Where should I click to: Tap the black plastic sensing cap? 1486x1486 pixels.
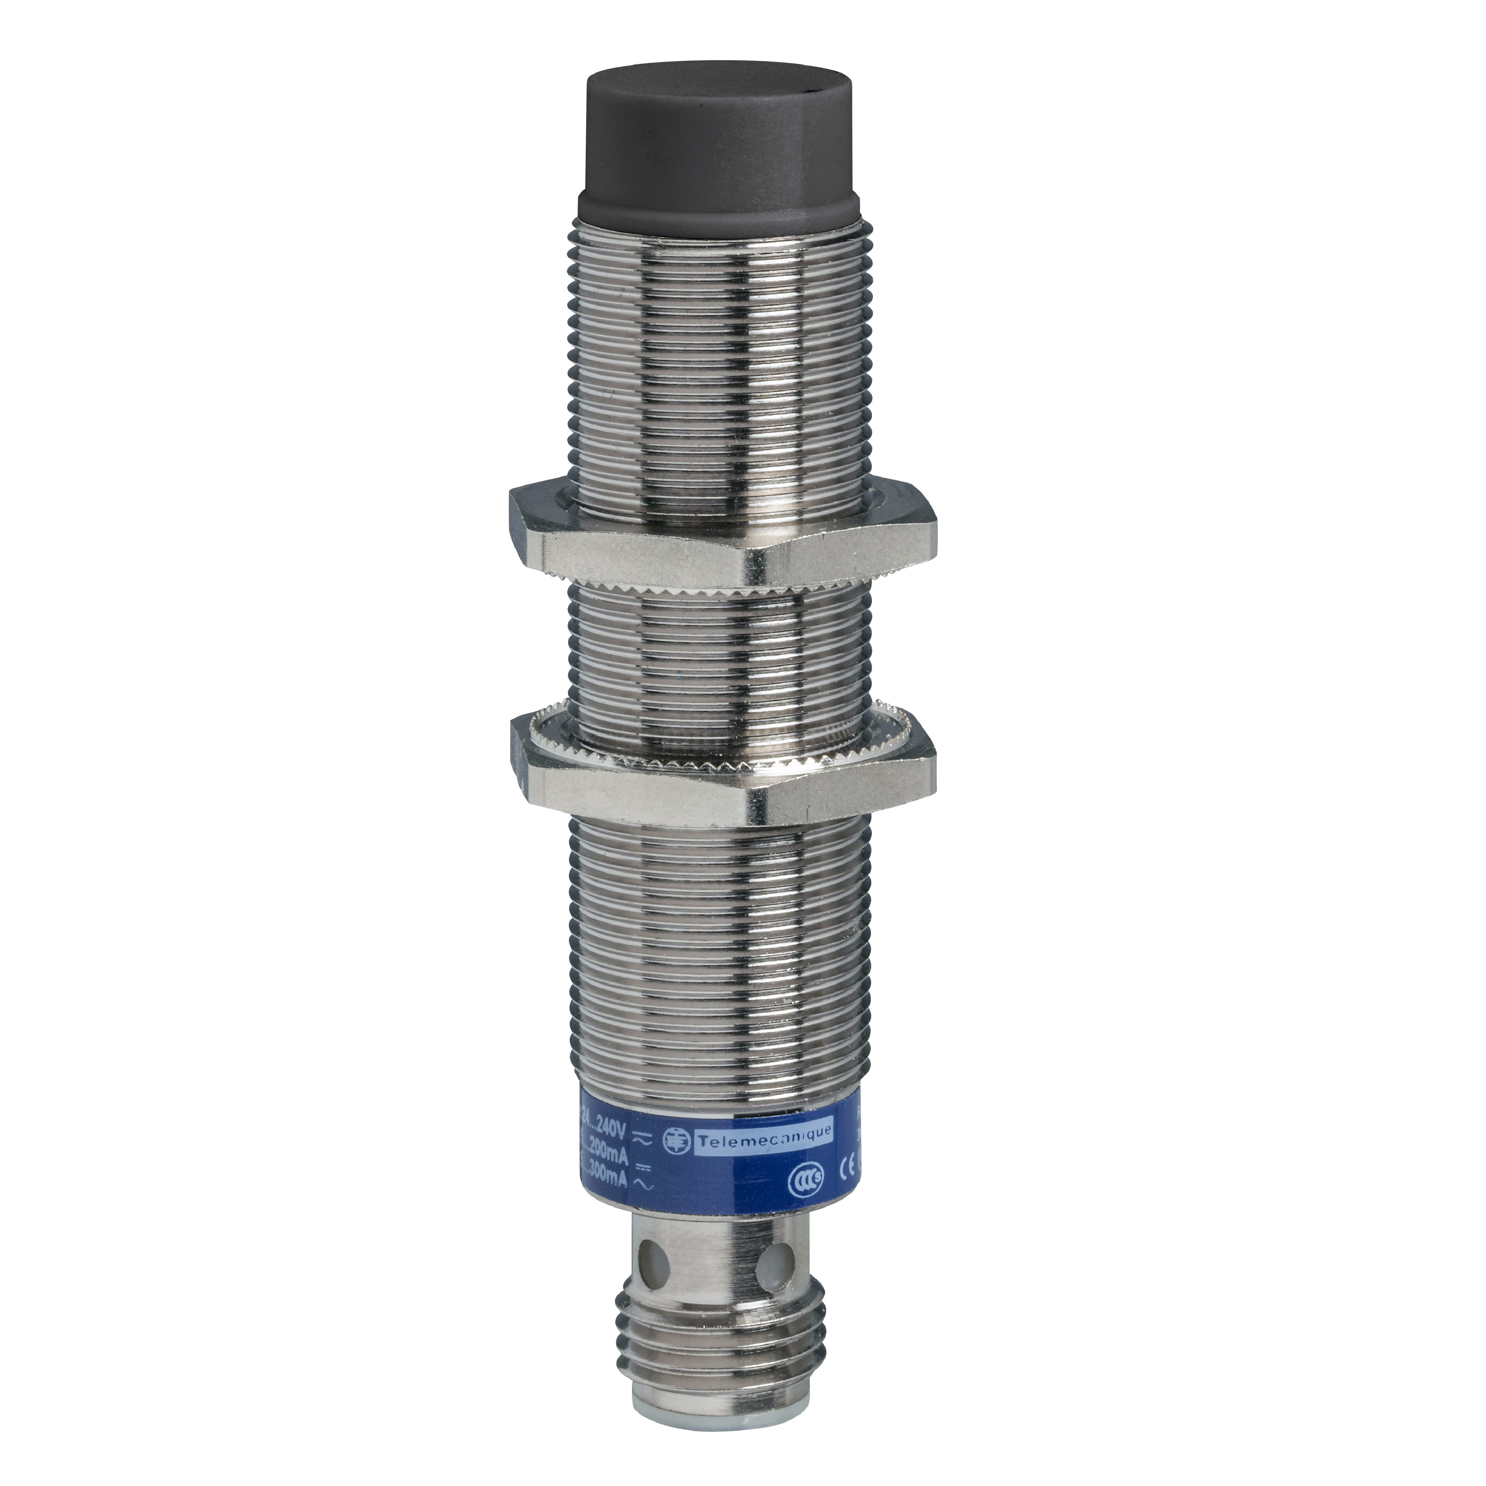pyautogui.click(x=715, y=154)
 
